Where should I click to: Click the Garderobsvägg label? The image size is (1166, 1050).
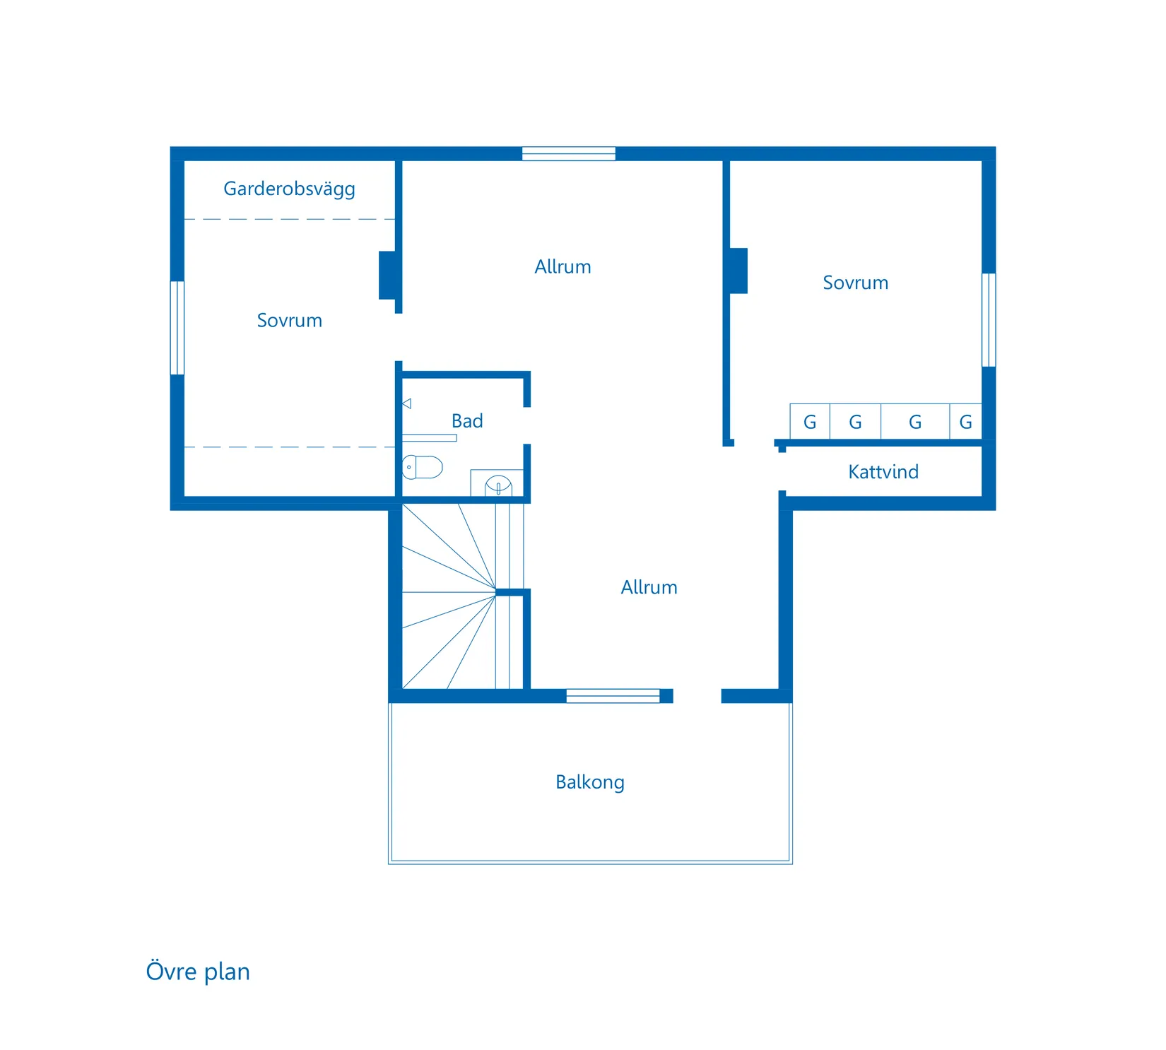tap(289, 189)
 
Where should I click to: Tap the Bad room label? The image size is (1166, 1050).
tap(467, 421)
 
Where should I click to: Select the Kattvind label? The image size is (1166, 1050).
tap(883, 472)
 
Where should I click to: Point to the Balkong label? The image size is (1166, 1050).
tap(590, 782)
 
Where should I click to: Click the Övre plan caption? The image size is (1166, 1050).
tap(198, 972)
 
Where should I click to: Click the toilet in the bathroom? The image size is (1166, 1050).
tap(423, 467)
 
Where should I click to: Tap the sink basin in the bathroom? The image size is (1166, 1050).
tap(498, 485)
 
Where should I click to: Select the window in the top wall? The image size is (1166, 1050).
tap(569, 154)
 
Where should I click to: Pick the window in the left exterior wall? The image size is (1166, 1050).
tap(177, 328)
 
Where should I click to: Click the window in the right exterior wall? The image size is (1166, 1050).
tap(989, 320)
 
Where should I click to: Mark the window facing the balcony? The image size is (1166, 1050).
tap(613, 696)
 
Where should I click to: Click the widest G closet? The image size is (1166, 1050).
tap(915, 422)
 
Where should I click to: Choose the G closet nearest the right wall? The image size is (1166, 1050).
tap(966, 422)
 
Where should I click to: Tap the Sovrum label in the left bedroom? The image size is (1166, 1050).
tap(290, 321)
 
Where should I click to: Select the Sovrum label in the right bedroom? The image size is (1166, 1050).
tap(856, 283)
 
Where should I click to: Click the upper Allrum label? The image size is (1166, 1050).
tap(563, 267)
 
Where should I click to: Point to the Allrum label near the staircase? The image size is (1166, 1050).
tap(649, 588)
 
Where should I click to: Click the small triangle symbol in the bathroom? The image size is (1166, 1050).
tap(407, 403)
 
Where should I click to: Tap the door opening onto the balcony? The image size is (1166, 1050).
tap(697, 696)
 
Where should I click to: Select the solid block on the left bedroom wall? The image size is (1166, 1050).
tap(387, 275)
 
